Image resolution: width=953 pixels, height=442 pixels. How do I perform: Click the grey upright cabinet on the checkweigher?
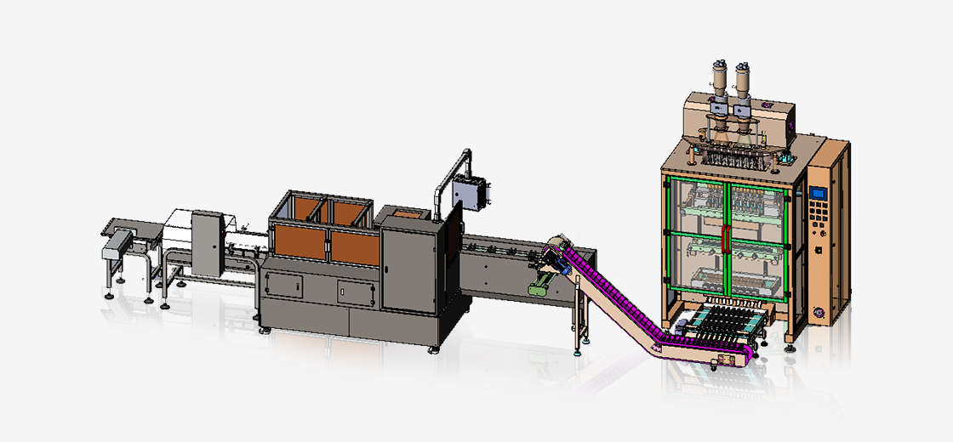(206, 242)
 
